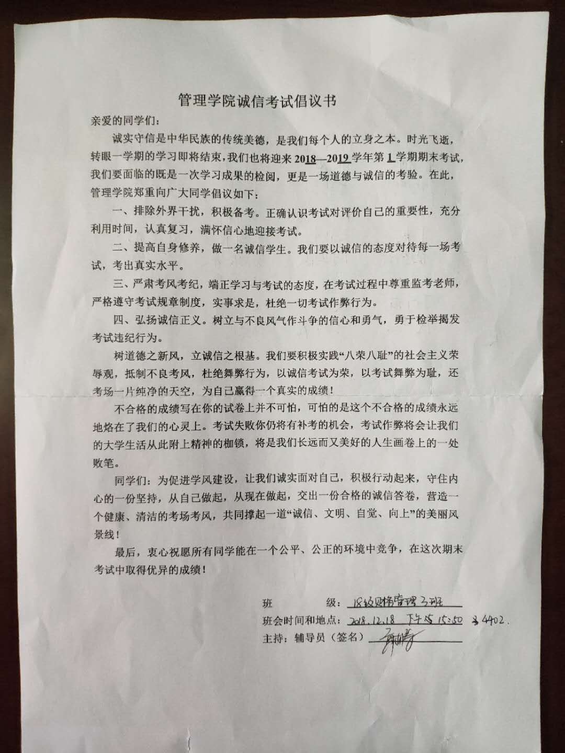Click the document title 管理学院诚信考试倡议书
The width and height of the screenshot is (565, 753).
(x=257, y=100)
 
